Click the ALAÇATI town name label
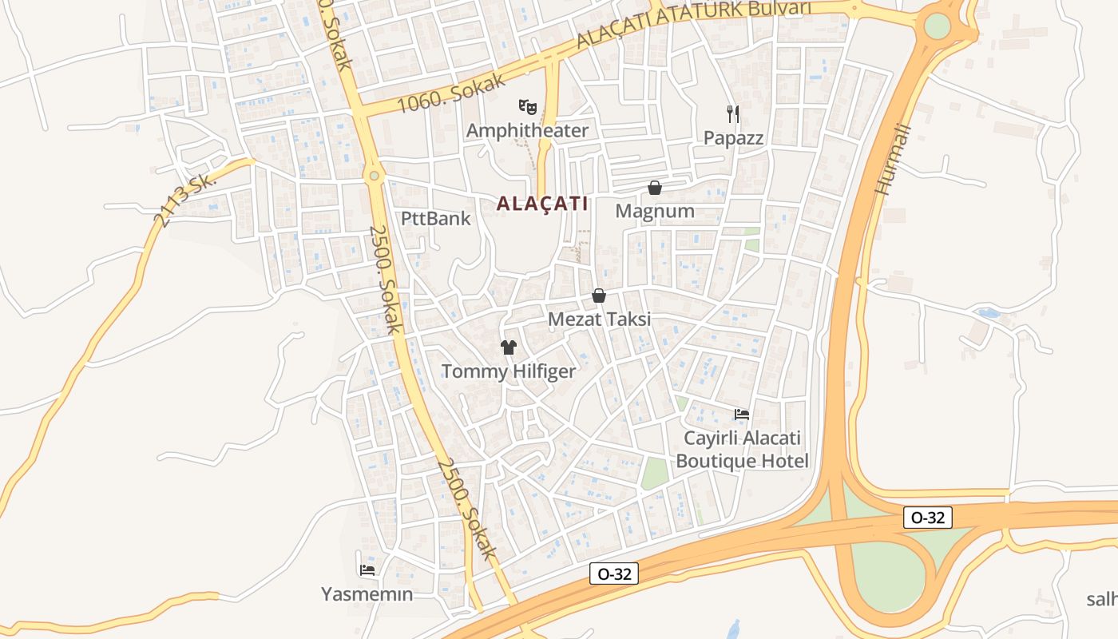coord(542,204)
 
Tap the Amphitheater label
coord(527,130)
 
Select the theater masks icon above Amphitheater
coord(527,105)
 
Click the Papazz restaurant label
coord(733,138)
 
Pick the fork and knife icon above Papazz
coord(733,114)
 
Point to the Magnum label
coord(655,212)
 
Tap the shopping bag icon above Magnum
coord(655,188)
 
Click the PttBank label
coord(436,218)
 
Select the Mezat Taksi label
coord(599,319)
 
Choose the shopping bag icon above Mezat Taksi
coord(599,296)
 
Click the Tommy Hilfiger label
coord(509,371)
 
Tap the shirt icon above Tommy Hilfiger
coord(509,347)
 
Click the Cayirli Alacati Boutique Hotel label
coord(742,450)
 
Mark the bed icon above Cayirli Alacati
coord(742,414)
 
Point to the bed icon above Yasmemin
coord(367,570)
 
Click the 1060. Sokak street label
coord(452,93)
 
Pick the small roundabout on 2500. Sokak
coord(374,175)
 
